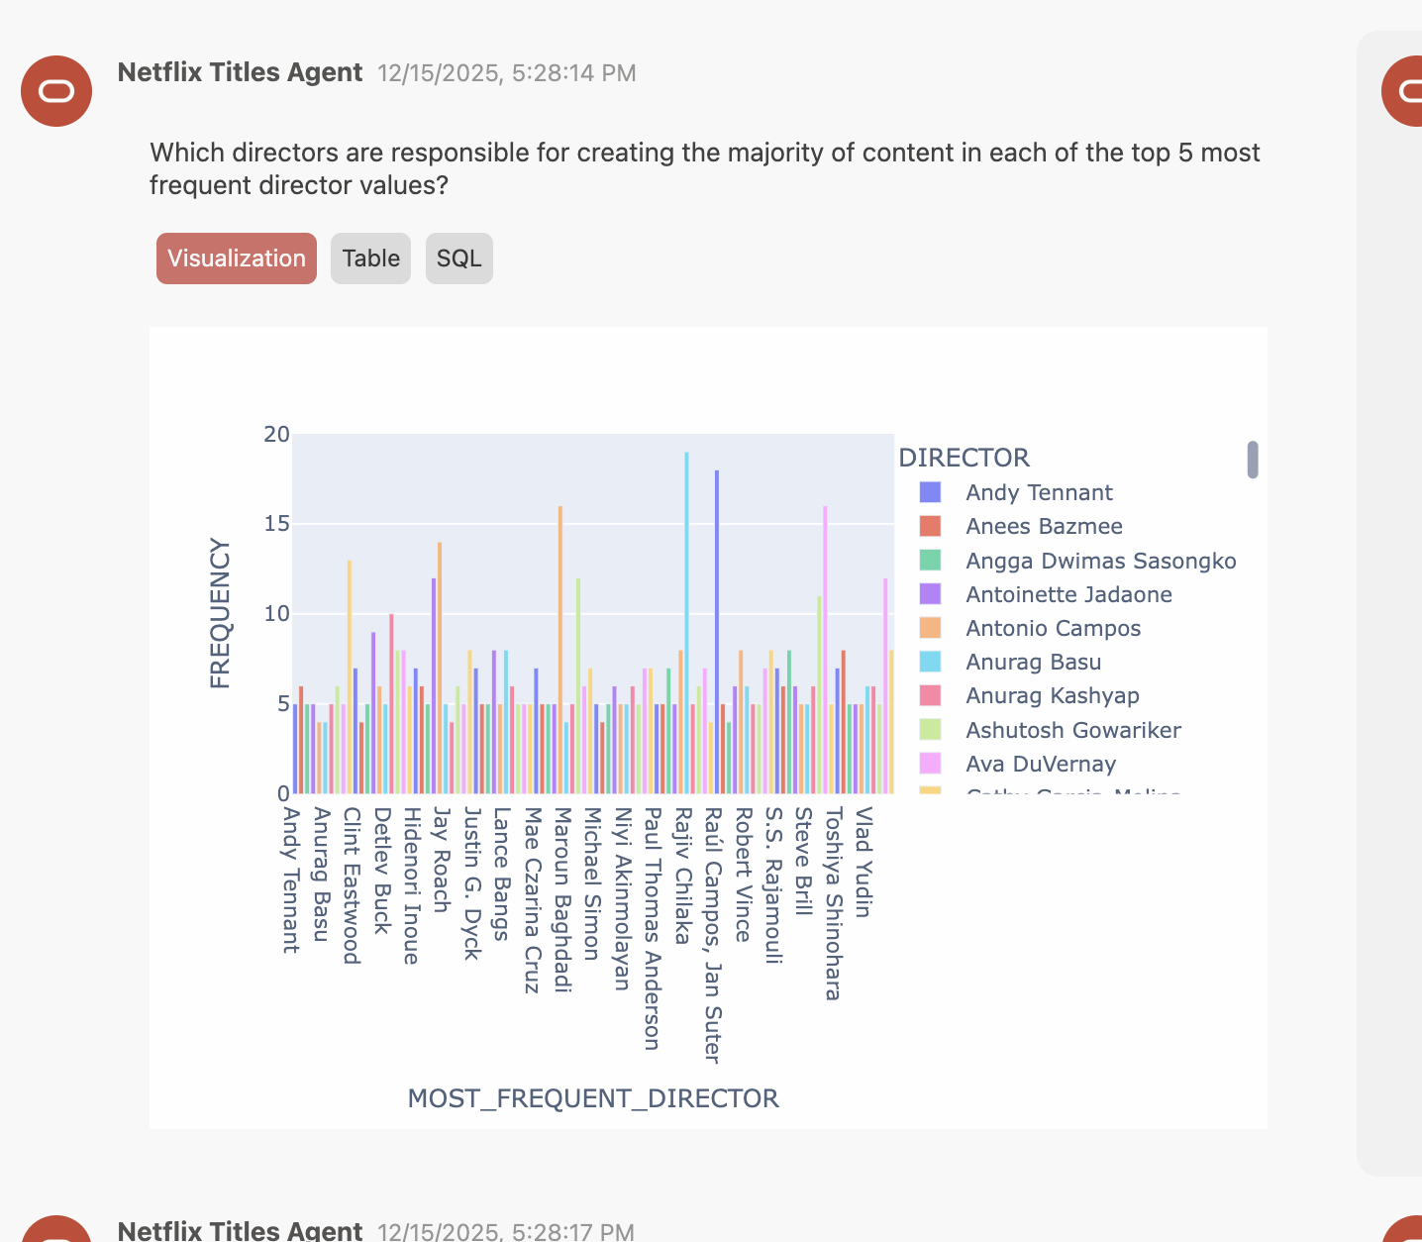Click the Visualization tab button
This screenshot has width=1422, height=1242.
(237, 259)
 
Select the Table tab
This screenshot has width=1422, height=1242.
(370, 259)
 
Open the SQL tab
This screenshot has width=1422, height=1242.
(458, 259)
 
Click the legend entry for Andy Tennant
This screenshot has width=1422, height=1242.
(1039, 493)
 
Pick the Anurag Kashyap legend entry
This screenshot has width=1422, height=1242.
(1052, 696)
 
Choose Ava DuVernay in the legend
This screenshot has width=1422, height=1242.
(1040, 765)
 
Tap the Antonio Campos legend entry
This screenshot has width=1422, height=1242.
(1053, 629)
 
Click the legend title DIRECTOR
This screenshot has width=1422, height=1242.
(964, 458)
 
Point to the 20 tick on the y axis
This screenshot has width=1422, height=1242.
(277, 435)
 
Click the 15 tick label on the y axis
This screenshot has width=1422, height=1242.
(277, 524)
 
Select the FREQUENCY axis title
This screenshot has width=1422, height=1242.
(220, 613)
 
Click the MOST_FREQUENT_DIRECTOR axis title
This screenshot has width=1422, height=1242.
(593, 1098)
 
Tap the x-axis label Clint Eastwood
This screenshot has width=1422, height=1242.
(352, 884)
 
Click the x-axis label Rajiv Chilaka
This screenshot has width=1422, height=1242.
(683, 876)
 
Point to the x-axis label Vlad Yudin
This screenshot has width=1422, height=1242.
(863, 862)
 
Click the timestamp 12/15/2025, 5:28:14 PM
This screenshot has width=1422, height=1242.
(507, 73)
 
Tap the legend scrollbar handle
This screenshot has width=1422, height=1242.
(1253, 460)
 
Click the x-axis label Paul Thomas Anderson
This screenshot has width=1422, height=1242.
(652, 928)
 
